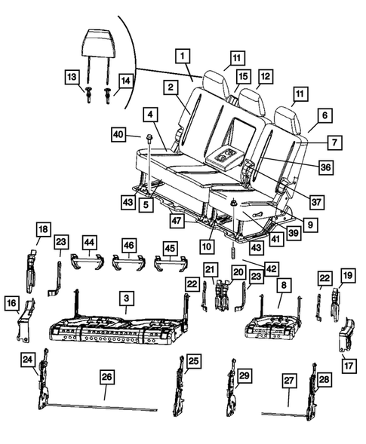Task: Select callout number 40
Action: point(118,135)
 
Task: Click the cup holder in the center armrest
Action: point(226,157)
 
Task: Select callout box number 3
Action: point(128,300)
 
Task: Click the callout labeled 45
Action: point(173,249)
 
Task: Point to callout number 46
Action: point(130,245)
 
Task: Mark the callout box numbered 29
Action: point(244,375)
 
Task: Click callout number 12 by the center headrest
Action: point(265,76)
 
